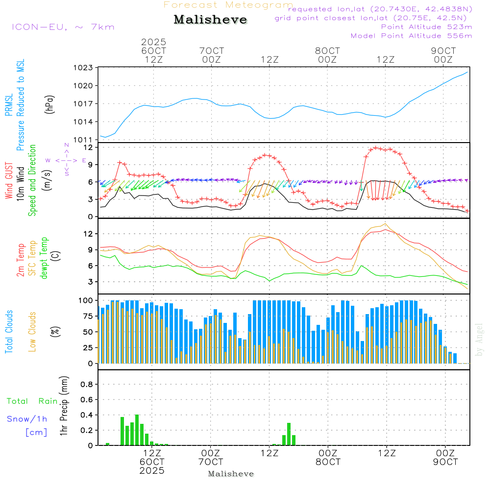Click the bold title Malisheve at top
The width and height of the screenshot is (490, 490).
tap(210, 20)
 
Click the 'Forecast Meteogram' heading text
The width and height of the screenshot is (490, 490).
tap(228, 5)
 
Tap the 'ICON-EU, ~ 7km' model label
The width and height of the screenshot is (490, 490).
tap(63, 27)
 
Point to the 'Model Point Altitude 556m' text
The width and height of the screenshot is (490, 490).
tap(411, 36)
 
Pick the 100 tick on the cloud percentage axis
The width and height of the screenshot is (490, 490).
tap(86, 300)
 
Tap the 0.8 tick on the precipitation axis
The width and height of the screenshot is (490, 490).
tap(86, 385)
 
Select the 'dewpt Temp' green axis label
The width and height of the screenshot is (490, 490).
tap(44, 258)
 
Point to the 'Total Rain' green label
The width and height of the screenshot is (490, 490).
tap(32, 401)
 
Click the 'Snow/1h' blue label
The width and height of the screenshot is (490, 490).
tap(27, 419)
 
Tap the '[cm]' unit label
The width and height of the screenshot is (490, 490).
tap(36, 432)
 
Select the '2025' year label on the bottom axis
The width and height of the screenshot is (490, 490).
tap(152, 471)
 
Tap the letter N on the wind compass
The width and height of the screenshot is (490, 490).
tap(66, 146)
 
